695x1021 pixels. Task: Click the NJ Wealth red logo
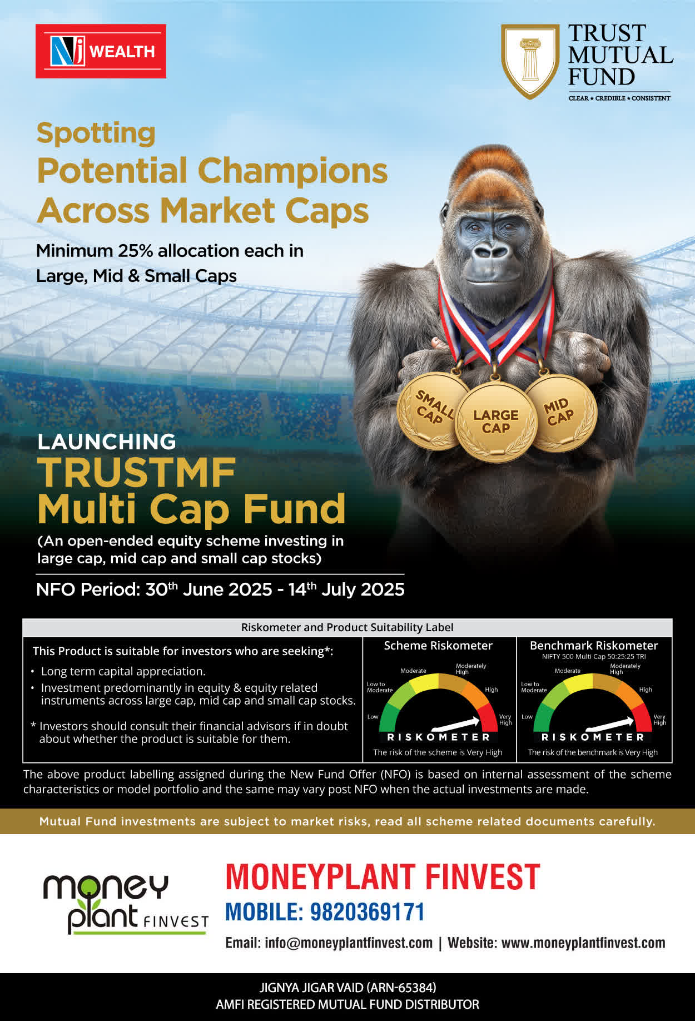101,51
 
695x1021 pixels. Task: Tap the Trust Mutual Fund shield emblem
530,61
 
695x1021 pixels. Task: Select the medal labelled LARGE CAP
495,422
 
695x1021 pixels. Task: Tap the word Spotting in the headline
96,133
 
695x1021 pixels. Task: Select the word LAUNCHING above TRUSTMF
107,442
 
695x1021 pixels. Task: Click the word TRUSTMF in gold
137,473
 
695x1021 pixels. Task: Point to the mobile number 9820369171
367,912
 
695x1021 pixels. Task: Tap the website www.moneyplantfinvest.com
583,943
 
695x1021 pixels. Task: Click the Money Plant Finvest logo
126,904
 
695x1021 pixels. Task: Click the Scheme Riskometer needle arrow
456,723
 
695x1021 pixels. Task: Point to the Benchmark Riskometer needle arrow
610,723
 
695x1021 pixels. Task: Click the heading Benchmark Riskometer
594,646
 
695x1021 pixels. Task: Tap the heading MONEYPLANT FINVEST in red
383,877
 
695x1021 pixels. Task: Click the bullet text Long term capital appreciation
123,671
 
